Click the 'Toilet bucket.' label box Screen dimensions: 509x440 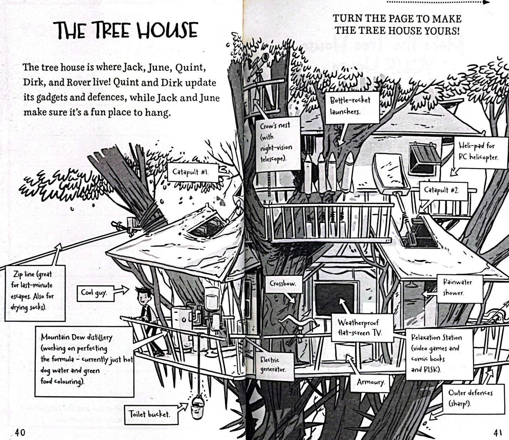pos(151,414)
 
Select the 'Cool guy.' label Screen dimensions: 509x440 pos(95,293)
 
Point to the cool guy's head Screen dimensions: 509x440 pos(142,296)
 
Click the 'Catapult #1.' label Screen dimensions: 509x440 pos(193,172)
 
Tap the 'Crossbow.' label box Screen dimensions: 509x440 pos(283,284)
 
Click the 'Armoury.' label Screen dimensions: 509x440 pos(370,383)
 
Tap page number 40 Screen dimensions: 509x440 pos(20,432)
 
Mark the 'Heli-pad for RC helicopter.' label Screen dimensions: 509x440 pos(481,152)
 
